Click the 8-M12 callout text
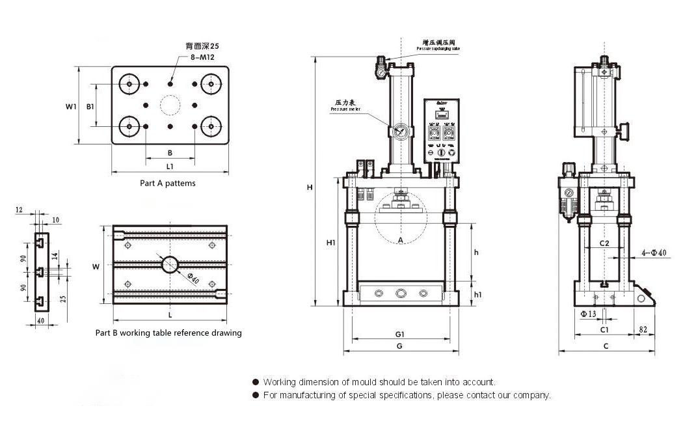202,57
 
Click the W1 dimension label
72,105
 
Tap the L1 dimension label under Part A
170,167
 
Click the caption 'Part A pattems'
168,183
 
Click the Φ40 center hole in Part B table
170,264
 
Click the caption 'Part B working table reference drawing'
168,333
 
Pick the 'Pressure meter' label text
345,110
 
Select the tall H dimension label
310,187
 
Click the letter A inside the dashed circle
401,240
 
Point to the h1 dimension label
477,294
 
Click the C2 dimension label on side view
604,243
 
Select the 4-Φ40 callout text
653,252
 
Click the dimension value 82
643,330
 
